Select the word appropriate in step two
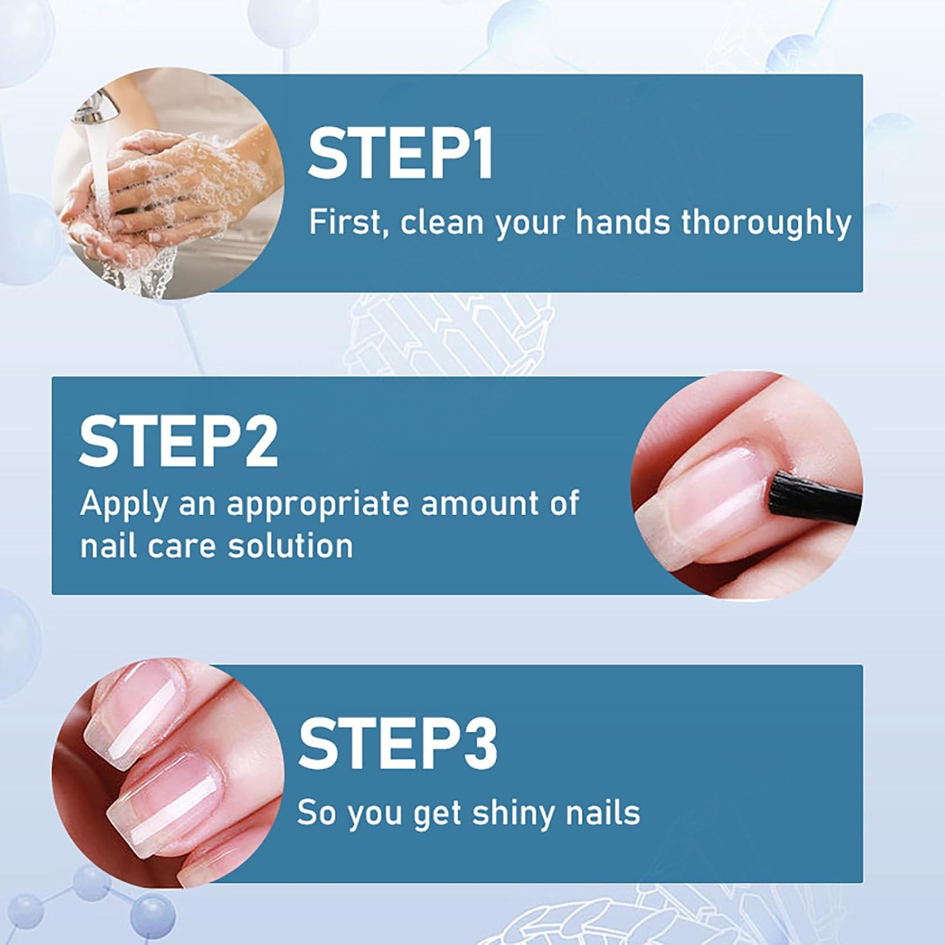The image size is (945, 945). [318, 505]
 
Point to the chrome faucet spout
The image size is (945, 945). [98, 107]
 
